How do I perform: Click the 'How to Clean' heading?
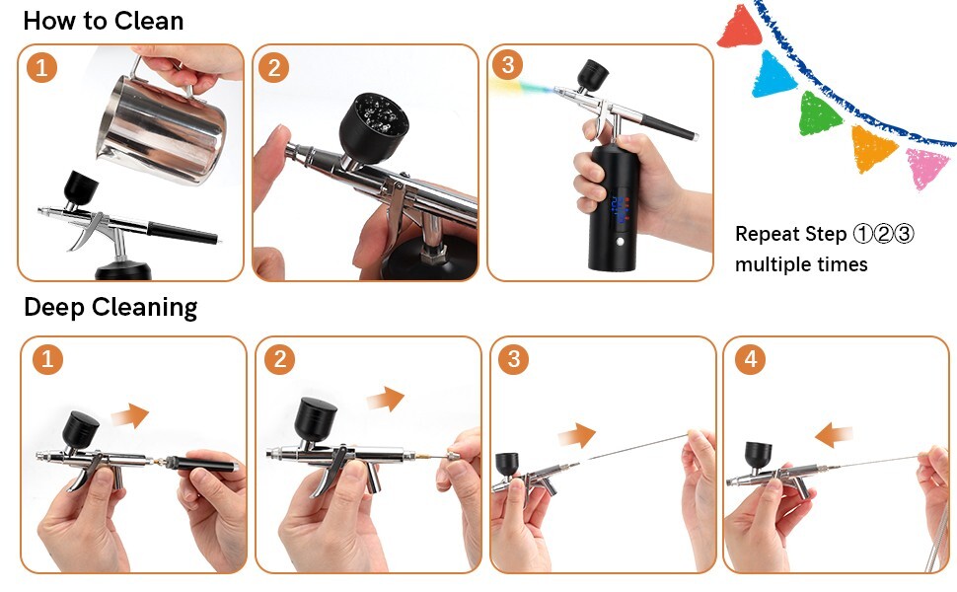click(x=103, y=21)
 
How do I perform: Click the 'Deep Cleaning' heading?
click(x=110, y=307)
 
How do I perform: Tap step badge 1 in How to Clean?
click(x=40, y=68)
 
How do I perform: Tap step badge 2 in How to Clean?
click(x=273, y=68)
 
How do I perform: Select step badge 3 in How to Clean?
click(x=508, y=66)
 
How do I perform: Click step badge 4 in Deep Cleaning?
click(x=750, y=359)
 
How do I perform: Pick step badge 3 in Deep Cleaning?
click(x=513, y=359)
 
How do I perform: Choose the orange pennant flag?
click(x=873, y=147)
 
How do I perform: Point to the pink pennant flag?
click(x=927, y=167)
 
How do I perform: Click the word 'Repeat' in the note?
click(x=764, y=235)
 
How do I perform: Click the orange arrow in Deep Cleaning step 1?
click(x=129, y=415)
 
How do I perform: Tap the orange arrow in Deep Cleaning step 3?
click(x=576, y=435)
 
